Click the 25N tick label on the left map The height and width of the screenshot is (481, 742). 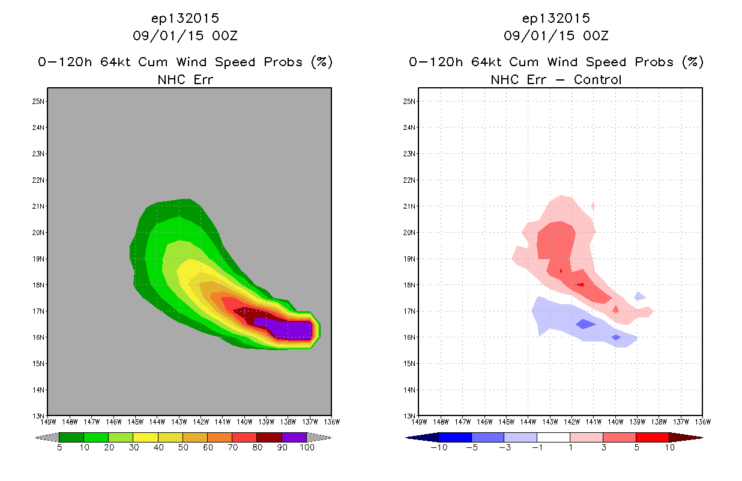pyautogui.click(x=38, y=102)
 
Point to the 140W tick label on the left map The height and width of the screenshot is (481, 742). pyautogui.click(x=244, y=422)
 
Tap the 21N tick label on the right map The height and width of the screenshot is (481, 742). pyautogui.click(x=409, y=206)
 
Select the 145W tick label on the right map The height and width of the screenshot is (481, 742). pyautogui.click(x=507, y=422)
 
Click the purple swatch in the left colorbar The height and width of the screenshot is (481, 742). pyautogui.click(x=294, y=438)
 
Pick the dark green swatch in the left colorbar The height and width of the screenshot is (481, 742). pyautogui.click(x=71, y=438)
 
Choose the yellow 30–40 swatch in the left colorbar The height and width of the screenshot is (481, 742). pyautogui.click(x=145, y=438)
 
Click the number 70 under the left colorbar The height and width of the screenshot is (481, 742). pyautogui.click(x=232, y=448)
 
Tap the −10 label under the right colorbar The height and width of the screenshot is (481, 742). pyautogui.click(x=439, y=448)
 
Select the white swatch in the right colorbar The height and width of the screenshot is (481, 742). pyautogui.click(x=553, y=438)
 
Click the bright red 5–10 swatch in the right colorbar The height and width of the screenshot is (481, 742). pyautogui.click(x=653, y=438)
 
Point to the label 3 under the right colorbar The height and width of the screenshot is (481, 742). pyautogui.click(x=603, y=448)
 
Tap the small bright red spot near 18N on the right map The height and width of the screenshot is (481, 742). pyautogui.click(x=580, y=284)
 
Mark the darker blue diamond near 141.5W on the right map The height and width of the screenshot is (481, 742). pyautogui.click(x=586, y=324)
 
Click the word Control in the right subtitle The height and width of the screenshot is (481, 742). pyautogui.click(x=597, y=80)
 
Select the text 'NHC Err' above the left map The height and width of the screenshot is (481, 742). pyautogui.click(x=185, y=80)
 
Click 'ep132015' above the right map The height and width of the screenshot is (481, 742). pyautogui.click(x=556, y=19)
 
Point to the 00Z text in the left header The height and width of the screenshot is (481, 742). pyautogui.click(x=225, y=36)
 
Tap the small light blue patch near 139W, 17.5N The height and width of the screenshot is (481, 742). pyautogui.click(x=639, y=296)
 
